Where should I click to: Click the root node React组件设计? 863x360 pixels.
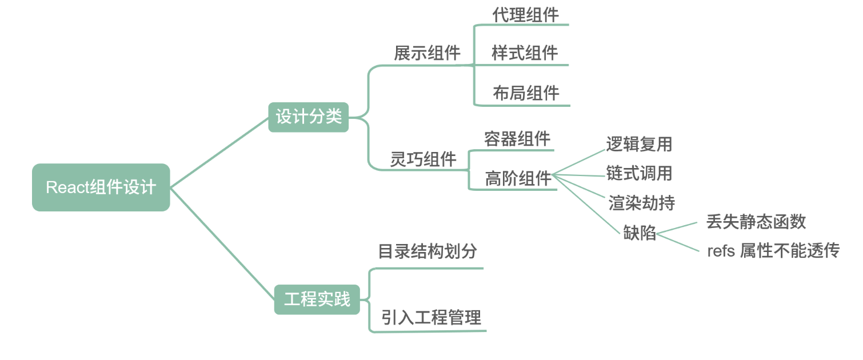click(101, 187)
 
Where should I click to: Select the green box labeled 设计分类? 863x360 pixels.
click(309, 117)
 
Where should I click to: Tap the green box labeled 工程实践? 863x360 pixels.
click(317, 299)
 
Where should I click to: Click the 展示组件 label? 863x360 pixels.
click(427, 53)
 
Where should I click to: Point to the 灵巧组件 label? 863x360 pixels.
click(423, 159)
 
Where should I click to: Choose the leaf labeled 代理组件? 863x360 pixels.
click(525, 15)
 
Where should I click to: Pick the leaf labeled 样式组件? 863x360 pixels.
click(525, 53)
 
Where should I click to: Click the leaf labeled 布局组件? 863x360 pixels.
click(526, 93)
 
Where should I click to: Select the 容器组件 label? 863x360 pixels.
click(517, 138)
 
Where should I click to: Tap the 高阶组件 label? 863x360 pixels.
click(518, 178)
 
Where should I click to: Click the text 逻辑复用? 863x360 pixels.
click(639, 144)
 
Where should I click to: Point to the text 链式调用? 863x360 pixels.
click(639, 173)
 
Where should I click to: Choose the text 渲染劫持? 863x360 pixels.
click(641, 202)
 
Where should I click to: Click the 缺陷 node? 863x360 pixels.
click(640, 233)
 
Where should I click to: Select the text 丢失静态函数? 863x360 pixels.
click(756, 221)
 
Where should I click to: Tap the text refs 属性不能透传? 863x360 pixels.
click(773, 250)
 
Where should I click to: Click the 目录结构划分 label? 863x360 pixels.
click(427, 251)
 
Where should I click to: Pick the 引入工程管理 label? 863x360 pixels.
click(431, 317)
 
